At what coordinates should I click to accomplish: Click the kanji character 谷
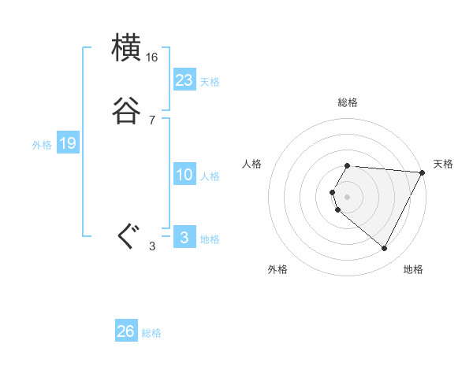[127, 110]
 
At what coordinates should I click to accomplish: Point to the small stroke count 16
[152, 57]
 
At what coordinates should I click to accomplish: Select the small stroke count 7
[152, 120]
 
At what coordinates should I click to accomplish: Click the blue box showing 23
[184, 80]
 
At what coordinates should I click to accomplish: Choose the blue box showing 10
[184, 175]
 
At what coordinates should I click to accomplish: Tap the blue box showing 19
[68, 143]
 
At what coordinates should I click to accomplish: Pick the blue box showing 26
[126, 331]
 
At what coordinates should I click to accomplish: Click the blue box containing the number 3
[184, 238]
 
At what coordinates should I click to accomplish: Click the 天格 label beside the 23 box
[210, 82]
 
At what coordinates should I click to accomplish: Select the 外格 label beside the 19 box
[42, 145]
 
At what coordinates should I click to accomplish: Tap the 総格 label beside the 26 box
[151, 333]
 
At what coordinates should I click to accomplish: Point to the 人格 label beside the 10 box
[210, 177]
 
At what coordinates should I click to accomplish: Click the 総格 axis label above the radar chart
[348, 102]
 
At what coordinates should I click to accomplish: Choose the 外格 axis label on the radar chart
[277, 269]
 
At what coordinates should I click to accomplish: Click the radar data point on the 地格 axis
[385, 248]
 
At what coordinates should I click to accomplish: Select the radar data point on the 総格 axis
[348, 165]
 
